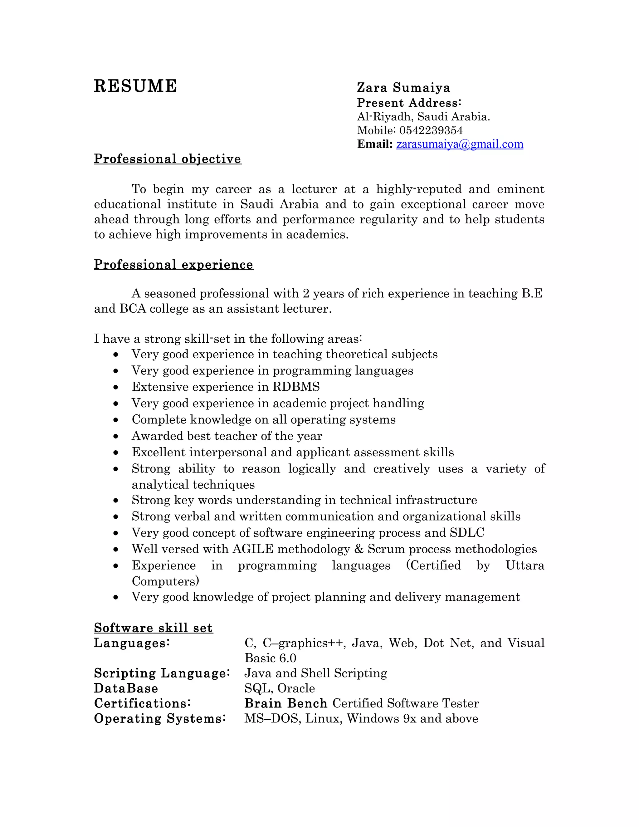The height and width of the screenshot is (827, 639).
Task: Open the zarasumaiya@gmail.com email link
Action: click(x=460, y=144)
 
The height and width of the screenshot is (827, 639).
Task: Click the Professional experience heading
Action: click(x=174, y=264)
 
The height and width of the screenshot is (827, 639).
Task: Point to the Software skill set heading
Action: click(x=153, y=628)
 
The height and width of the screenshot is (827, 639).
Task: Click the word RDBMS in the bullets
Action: click(x=296, y=387)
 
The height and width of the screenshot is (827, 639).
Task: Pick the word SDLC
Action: click(x=467, y=533)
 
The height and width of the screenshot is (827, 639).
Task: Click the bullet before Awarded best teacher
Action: click(x=116, y=437)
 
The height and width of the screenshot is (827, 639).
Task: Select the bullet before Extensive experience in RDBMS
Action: click(x=116, y=387)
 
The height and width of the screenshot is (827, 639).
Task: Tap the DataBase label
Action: click(x=126, y=688)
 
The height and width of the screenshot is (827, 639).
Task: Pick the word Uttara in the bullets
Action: click(x=525, y=565)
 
